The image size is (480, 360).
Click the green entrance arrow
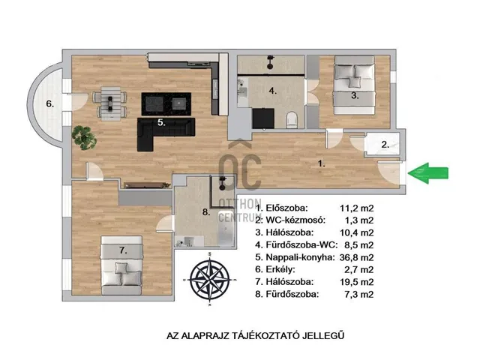[428, 173]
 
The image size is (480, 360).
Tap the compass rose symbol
[210, 280]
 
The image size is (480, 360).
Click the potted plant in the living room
[84, 138]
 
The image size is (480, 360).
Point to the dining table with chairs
[110, 103]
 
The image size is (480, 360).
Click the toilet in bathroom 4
[292, 120]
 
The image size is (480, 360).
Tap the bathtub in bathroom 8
[226, 228]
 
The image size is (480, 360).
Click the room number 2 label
[385, 145]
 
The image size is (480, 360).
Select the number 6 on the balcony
[50, 103]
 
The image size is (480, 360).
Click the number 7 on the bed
[123, 250]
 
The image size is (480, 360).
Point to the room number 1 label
[321, 163]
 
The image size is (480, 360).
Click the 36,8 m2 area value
[357, 257]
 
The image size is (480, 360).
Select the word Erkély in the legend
[280, 270]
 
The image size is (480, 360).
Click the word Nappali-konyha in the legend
[300, 257]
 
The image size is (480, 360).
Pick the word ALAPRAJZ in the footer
[205, 335]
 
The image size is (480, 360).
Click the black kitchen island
[166, 104]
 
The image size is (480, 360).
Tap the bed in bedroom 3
[355, 85]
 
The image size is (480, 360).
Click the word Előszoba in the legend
[286, 208]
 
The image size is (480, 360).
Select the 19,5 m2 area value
[357, 282]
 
